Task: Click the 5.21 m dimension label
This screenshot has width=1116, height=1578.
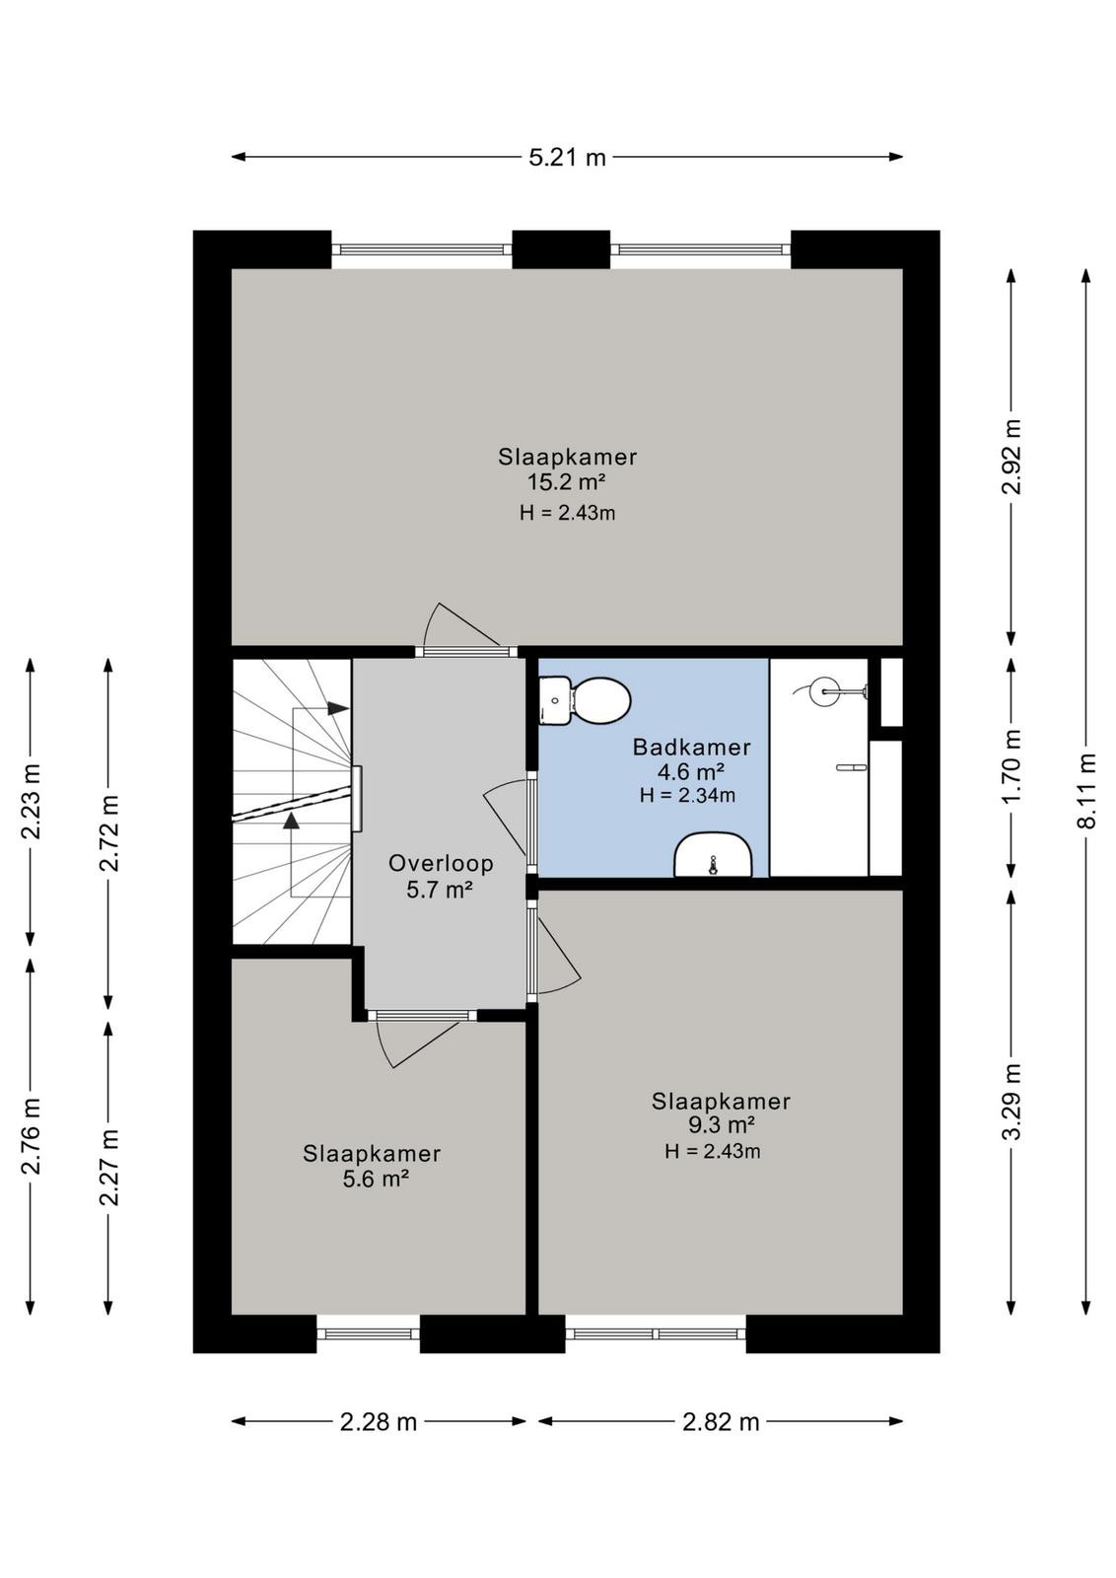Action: coord(567,157)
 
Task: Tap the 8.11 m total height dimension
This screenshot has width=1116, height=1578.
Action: coord(1087,790)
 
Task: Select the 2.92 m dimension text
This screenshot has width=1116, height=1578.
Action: coord(1011,457)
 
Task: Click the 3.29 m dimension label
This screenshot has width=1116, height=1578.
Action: coord(1011,1101)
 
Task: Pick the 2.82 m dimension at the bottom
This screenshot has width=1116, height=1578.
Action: coord(721,1422)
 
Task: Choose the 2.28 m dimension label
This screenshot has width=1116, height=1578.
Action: coord(379,1422)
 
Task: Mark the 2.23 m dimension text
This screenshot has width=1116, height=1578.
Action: coord(31,801)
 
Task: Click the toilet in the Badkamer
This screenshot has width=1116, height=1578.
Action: coord(585,700)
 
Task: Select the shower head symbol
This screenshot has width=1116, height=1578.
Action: coord(829,691)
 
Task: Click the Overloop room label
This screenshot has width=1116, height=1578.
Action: coord(441,864)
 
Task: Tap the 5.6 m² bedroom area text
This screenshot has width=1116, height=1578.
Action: coord(376,1179)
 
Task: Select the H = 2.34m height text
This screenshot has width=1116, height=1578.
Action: coord(687,796)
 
